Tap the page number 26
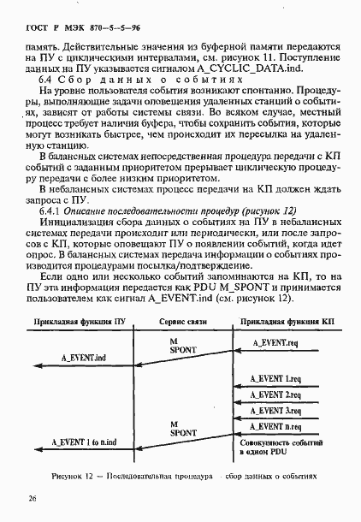[x=32, y=496]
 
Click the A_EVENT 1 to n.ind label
[x=80, y=442]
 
